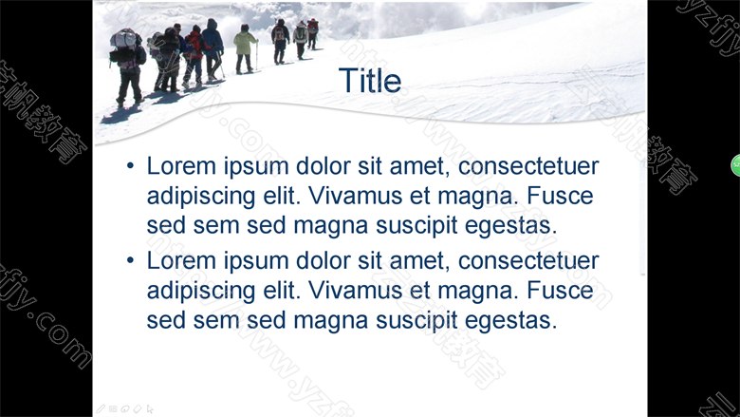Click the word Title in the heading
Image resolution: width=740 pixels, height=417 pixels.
(x=370, y=81)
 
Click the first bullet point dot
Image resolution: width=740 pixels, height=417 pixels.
(x=130, y=166)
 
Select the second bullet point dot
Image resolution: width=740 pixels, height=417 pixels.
(x=130, y=260)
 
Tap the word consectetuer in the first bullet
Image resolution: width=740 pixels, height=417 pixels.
(x=528, y=166)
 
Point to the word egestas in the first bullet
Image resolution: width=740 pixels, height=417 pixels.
(x=510, y=226)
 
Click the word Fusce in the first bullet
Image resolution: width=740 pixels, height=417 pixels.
(x=560, y=196)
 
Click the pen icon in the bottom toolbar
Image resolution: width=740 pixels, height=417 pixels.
(x=101, y=409)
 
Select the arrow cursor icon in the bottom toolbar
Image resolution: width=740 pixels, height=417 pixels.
(x=150, y=409)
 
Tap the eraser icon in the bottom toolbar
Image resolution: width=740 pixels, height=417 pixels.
(x=138, y=409)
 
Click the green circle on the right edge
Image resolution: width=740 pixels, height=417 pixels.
(x=736, y=165)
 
